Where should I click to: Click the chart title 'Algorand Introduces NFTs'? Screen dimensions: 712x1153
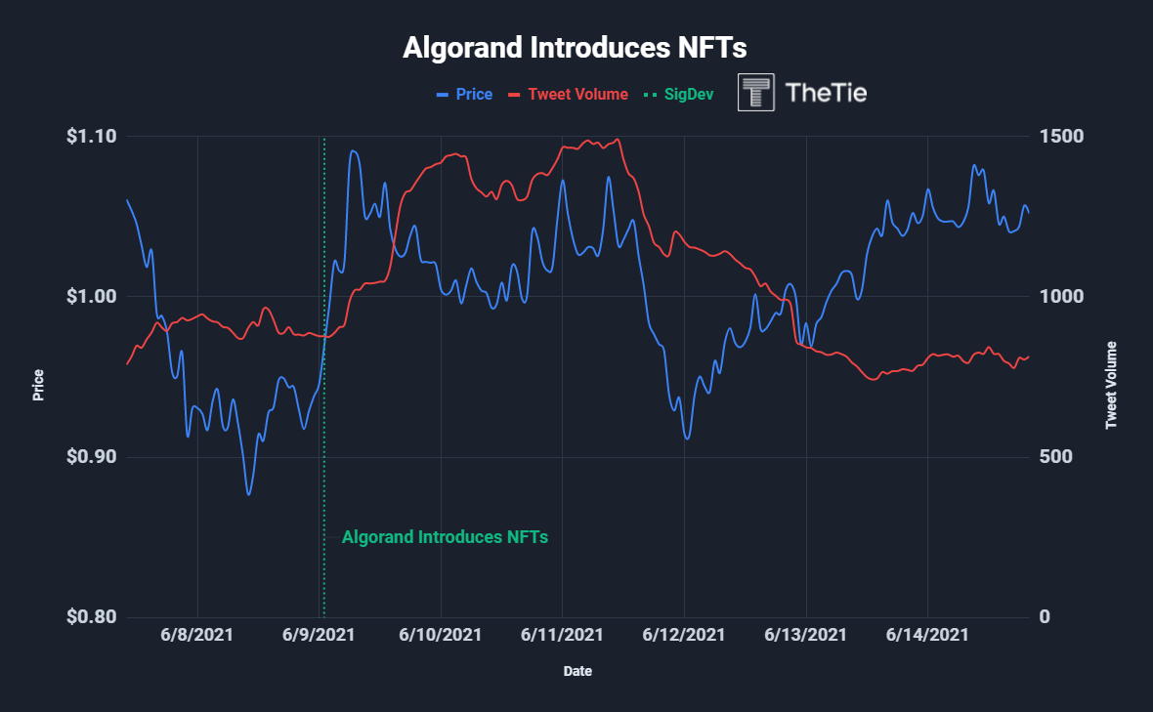pyautogui.click(x=575, y=48)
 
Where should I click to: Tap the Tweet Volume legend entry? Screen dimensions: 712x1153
pyautogui.click(x=576, y=95)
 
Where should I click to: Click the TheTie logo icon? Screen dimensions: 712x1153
pyautogui.click(x=756, y=93)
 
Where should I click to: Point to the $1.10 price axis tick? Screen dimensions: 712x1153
pyautogui.click(x=91, y=136)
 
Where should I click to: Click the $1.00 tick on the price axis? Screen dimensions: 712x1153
pyautogui.click(x=91, y=297)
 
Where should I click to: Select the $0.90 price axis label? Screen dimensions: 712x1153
pyautogui.click(x=91, y=457)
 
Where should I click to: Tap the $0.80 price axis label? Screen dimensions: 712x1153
pyautogui.click(x=91, y=617)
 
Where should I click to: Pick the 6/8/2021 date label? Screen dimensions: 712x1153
pyautogui.click(x=197, y=635)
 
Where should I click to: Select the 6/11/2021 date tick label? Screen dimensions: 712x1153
pyautogui.click(x=562, y=635)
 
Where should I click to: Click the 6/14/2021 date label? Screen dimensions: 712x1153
pyautogui.click(x=927, y=635)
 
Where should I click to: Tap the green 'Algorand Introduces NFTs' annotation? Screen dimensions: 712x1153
pyautogui.click(x=445, y=537)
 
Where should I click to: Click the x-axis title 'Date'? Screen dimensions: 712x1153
pyautogui.click(x=576, y=671)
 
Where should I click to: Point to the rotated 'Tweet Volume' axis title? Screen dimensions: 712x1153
pyautogui.click(x=1111, y=386)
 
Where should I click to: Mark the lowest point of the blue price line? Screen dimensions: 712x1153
pyautogui.click(x=248, y=494)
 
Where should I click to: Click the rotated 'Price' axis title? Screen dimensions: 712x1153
pyautogui.click(x=38, y=386)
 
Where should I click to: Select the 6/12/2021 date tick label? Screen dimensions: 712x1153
pyautogui.click(x=684, y=635)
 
